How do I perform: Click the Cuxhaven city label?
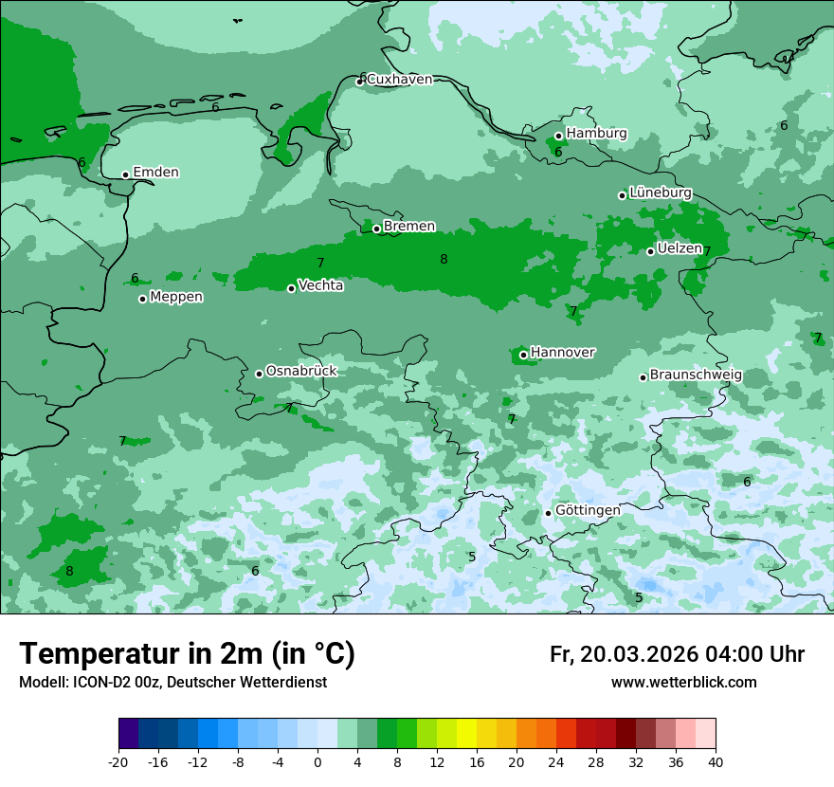tap(399, 80)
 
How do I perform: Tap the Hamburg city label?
tap(596, 134)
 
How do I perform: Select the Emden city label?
tap(155, 173)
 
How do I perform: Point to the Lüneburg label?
tap(661, 192)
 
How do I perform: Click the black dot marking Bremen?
tap(376, 229)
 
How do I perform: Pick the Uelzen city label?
tap(680, 248)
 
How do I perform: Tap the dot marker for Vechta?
tap(291, 288)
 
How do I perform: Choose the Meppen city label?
tap(176, 297)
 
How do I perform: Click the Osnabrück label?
tap(301, 371)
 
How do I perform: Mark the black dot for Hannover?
tap(523, 355)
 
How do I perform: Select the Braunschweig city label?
tap(696, 375)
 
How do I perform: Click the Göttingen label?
tap(588, 510)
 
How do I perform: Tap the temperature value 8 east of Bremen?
tap(444, 259)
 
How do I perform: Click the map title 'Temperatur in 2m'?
tap(187, 654)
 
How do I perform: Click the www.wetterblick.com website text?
tap(683, 683)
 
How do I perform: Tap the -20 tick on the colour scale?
tap(118, 761)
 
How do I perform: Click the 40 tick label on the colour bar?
tap(715, 761)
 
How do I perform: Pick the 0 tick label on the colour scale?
tap(317, 761)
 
